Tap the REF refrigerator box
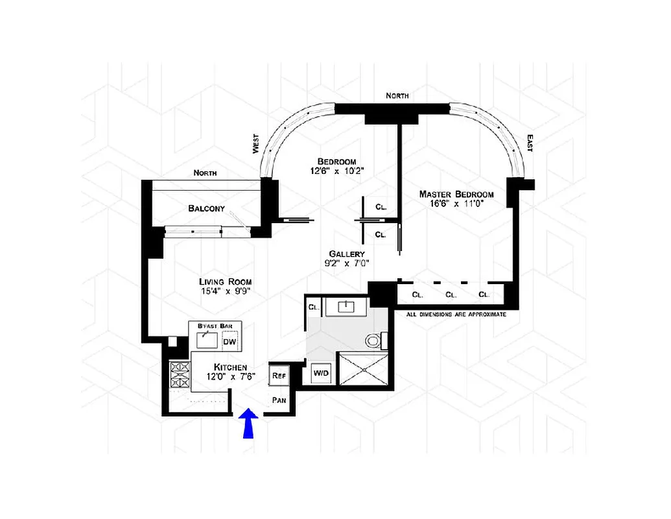[279, 376]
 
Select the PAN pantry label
[279, 400]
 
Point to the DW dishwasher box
[229, 342]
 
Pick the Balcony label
[206, 208]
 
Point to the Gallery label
[346, 254]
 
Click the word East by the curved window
[530, 143]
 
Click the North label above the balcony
[205, 173]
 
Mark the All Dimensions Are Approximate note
[456, 314]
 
